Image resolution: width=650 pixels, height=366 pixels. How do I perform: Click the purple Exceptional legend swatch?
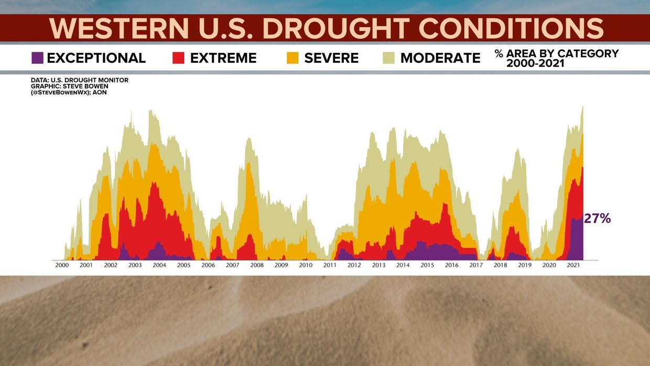(37, 58)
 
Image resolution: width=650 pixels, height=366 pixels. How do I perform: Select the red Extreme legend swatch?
(178, 58)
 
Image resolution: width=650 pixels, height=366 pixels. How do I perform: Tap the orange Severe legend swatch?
(292, 58)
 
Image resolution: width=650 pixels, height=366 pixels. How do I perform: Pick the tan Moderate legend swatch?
(388, 58)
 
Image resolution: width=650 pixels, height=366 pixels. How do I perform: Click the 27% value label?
(598, 219)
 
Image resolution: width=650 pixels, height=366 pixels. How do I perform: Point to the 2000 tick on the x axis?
(62, 265)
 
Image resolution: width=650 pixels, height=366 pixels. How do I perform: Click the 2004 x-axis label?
(159, 265)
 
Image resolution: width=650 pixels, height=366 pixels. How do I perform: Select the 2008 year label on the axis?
(257, 265)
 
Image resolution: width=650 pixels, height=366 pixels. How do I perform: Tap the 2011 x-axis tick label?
(330, 265)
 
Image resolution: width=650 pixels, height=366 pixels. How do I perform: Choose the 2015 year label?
(427, 265)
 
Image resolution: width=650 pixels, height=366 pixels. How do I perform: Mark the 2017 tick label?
(476, 265)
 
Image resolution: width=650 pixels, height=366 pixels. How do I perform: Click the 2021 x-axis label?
(573, 265)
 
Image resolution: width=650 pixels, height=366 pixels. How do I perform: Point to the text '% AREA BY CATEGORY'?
(557, 53)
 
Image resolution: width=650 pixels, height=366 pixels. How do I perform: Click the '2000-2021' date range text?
(535, 63)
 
